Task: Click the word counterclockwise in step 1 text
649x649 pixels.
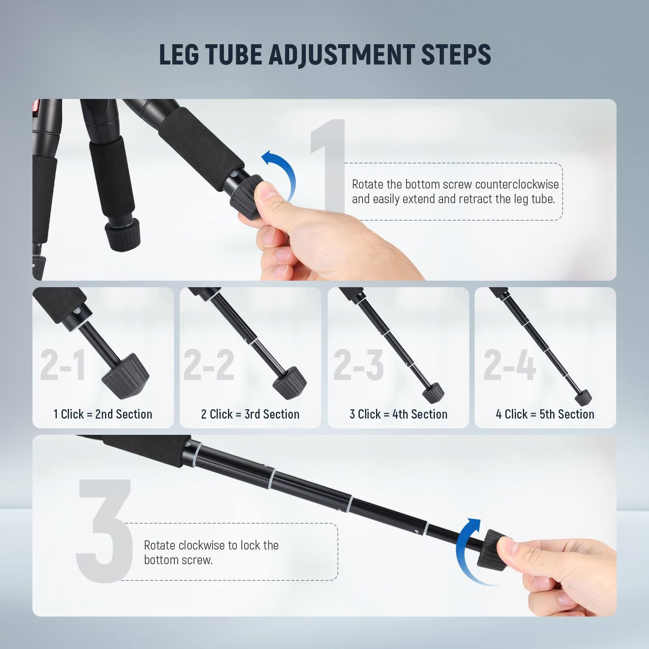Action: coord(517,184)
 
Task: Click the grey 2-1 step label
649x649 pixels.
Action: coord(63,365)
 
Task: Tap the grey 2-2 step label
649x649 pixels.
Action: coord(209,365)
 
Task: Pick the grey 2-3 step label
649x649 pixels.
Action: coord(359,365)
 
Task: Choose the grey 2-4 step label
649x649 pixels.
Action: coord(509,365)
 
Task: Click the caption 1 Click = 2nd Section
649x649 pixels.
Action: coord(103,414)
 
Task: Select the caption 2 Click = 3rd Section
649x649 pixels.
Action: coord(250,414)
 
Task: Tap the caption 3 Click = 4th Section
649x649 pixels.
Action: coord(399,414)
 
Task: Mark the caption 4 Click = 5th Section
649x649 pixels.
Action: coord(545,414)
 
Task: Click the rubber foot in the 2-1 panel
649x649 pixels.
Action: coord(125,375)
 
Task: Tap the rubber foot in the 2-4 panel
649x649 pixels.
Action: coord(583,396)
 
